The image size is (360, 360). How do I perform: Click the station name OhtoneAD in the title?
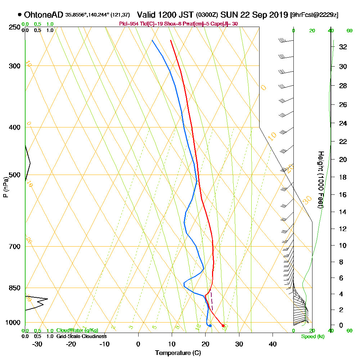(44, 15)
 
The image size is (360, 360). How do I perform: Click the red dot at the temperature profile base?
(223, 326)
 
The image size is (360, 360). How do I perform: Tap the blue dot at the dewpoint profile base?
(210, 326)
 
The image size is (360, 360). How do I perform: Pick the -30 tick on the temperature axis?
(37, 343)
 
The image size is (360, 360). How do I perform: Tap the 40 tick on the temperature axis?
(273, 343)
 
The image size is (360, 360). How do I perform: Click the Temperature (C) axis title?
(178, 353)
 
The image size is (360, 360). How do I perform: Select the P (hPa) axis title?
(5, 187)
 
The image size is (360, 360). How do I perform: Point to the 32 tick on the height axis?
(343, 47)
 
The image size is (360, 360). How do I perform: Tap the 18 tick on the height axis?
(343, 177)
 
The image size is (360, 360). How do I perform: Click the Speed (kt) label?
(311, 337)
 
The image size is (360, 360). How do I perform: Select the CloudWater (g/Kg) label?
(77, 330)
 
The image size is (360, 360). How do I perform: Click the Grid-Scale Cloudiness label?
(81, 336)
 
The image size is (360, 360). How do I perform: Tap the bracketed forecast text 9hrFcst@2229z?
(314, 15)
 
